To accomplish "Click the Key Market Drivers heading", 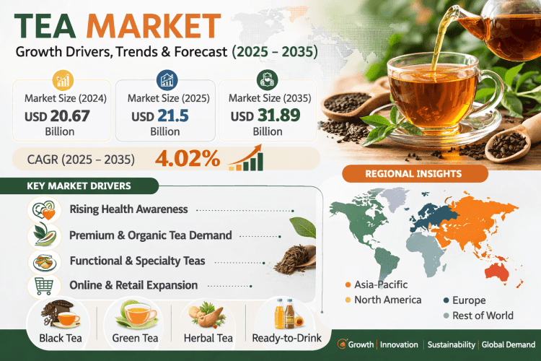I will pos(79,186).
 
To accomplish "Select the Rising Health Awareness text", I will pos(128,209).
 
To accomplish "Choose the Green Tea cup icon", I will pos(137,313).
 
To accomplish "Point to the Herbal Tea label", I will pos(208,338).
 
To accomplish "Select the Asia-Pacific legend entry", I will pos(379,284).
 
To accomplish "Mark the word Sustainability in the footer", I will pos(449,345).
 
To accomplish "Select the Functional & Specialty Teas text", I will pos(137,260).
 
